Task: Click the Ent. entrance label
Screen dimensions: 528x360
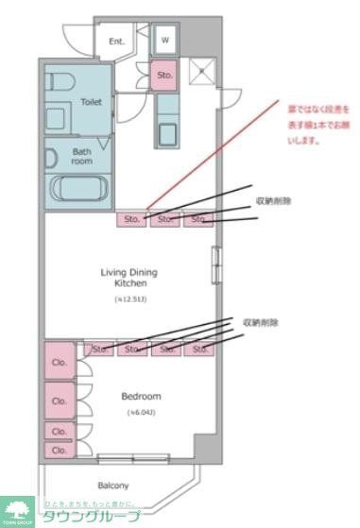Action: point(117,42)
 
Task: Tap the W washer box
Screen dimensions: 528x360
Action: point(164,40)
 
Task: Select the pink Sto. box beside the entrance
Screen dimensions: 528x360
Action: point(164,75)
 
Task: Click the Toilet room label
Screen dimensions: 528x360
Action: point(91,101)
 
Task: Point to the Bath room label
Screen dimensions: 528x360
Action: point(82,155)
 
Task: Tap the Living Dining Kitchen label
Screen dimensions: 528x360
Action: point(129,278)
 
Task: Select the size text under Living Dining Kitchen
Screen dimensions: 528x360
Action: point(130,299)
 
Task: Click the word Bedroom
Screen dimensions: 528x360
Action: point(141,396)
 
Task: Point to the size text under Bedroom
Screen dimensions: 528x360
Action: point(141,413)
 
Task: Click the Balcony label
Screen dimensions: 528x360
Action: point(111,485)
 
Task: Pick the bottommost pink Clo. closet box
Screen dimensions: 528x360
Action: point(59,451)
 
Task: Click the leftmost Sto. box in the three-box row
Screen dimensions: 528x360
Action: point(131,219)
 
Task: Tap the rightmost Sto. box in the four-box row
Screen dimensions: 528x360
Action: point(200,349)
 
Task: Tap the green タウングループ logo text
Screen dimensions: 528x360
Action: point(91,516)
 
